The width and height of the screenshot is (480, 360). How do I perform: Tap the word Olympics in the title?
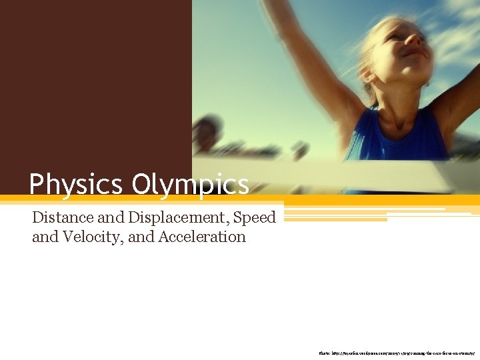tap(190, 184)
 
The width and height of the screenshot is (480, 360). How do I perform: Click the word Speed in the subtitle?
tap(255, 217)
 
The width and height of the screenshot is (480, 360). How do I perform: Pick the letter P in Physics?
tap(37, 184)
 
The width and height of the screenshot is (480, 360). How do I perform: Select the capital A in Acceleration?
tap(164, 237)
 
